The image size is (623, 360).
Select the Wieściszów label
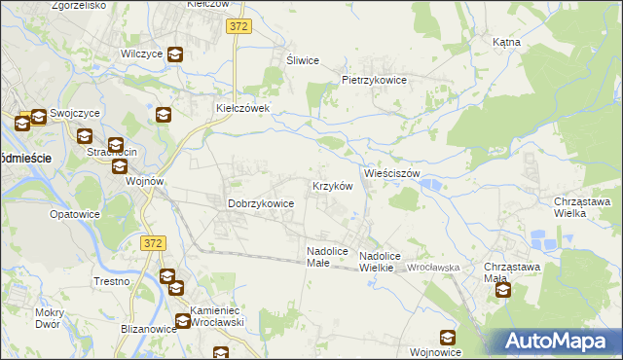click(x=391, y=173)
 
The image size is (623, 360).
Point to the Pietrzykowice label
click(x=373, y=80)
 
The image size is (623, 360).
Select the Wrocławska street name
click(x=433, y=267)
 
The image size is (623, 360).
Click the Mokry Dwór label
click(x=48, y=318)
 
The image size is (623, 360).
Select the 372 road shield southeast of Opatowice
click(x=151, y=242)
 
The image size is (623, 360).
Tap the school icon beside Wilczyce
click(x=175, y=55)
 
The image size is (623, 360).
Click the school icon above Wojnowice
click(x=447, y=338)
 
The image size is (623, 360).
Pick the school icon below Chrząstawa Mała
click(x=502, y=289)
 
